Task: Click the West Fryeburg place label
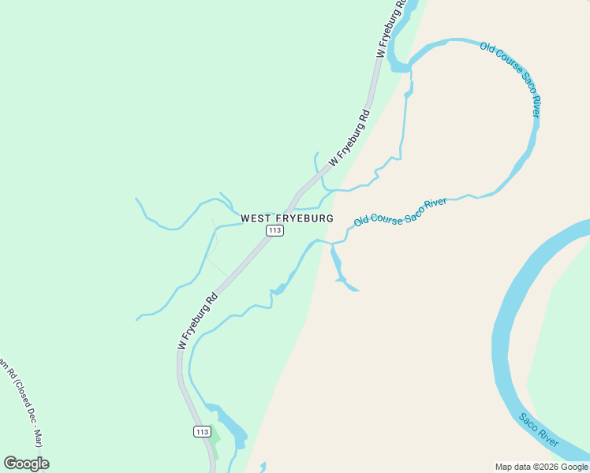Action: tap(286, 218)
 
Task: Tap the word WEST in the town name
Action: tap(257, 218)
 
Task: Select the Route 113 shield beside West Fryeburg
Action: tap(274, 230)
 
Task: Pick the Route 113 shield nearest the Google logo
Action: tap(202, 431)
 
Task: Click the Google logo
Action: tap(26, 464)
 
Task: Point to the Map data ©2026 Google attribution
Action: tap(541, 467)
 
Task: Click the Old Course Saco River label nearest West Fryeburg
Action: tap(400, 212)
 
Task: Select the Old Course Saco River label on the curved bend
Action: tap(511, 79)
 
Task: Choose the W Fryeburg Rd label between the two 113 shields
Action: tap(197, 322)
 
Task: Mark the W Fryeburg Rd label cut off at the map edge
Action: tap(391, 28)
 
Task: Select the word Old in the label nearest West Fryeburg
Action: tap(361, 221)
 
